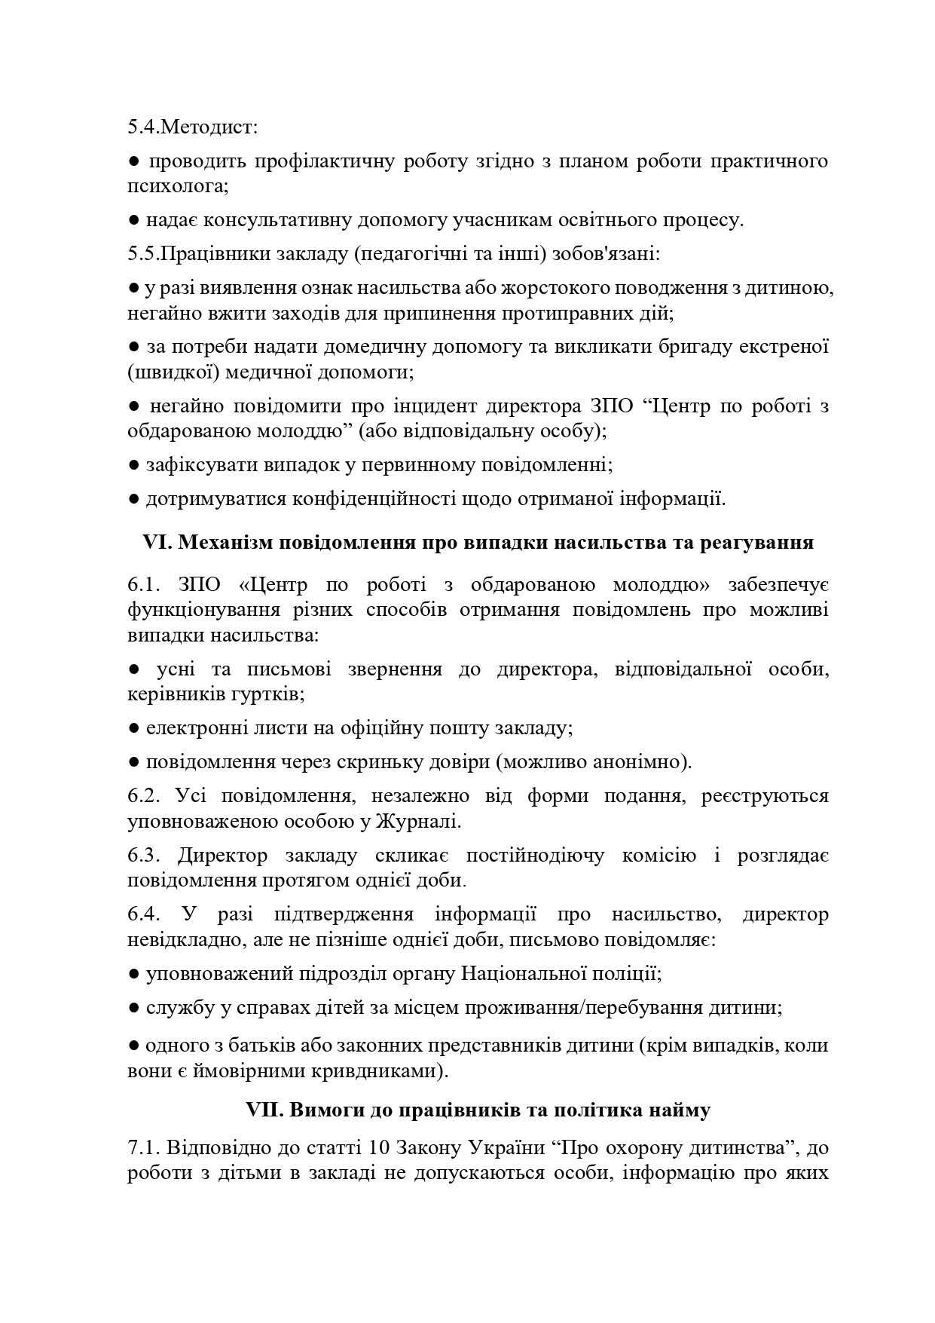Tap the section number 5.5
[x=142, y=254]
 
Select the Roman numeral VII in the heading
[x=264, y=1110]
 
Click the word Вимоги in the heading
[x=320, y=1110]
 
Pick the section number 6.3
[x=142, y=856]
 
